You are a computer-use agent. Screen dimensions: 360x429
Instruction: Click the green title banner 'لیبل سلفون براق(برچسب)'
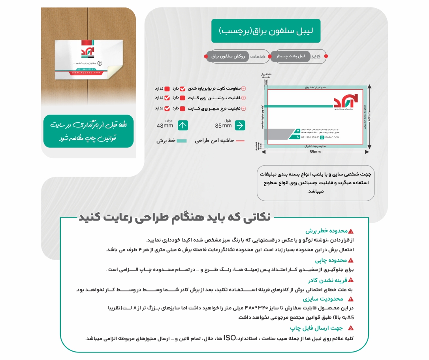[266, 31]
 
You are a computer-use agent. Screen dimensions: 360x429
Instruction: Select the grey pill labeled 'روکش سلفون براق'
[228, 57]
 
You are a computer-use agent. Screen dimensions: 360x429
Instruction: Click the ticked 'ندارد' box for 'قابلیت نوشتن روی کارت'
[167, 98]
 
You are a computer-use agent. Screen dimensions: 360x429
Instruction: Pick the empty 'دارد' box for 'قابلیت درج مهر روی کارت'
[183, 108]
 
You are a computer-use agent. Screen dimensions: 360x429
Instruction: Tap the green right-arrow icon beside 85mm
[240, 125]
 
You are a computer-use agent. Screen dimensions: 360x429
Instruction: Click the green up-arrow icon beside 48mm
[183, 125]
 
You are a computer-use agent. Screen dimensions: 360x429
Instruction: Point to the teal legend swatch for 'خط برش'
[181, 140]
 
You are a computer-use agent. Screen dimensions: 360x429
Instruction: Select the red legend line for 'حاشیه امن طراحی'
[240, 140]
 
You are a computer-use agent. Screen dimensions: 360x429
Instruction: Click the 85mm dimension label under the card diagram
[315, 152]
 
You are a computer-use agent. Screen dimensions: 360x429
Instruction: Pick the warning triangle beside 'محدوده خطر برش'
[351, 231]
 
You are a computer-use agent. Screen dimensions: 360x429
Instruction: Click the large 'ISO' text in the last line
[230, 338]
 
